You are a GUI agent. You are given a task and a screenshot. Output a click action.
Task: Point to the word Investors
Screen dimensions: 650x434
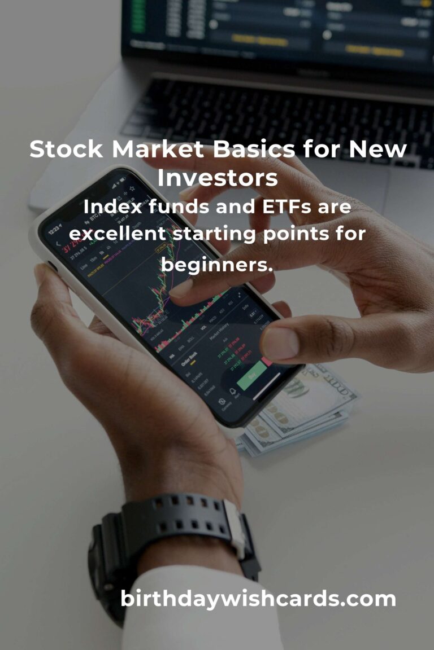(218, 178)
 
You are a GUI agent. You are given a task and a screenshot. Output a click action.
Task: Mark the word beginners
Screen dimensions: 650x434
(217, 262)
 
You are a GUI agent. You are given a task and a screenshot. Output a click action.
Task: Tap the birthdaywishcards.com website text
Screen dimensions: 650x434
(258, 599)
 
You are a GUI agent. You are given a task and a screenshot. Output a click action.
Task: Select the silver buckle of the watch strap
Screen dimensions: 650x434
(236, 528)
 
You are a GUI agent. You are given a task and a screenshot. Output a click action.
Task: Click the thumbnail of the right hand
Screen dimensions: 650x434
(279, 342)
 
